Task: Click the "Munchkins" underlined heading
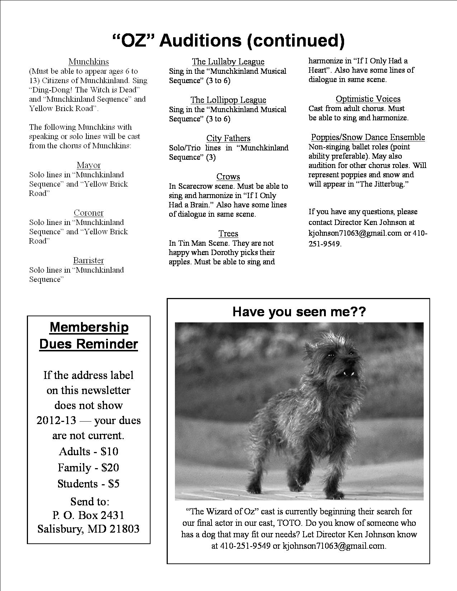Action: click(x=89, y=62)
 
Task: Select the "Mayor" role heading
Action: click(x=89, y=165)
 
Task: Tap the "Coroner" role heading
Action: click(x=89, y=213)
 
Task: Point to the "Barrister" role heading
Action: click(x=89, y=260)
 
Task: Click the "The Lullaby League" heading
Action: click(x=228, y=62)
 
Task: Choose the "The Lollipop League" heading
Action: click(x=228, y=100)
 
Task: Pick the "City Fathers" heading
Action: click(x=228, y=138)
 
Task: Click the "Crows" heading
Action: click(x=228, y=177)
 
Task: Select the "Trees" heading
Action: click(x=228, y=234)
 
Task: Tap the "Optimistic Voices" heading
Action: click(x=368, y=99)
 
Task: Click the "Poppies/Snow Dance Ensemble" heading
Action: click(x=368, y=137)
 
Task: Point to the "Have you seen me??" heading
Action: click(x=299, y=311)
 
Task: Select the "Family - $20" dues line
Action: click(x=88, y=467)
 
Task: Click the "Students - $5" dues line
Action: click(x=88, y=484)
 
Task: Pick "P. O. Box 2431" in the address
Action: click(x=88, y=515)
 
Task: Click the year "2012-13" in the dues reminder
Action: click(x=56, y=420)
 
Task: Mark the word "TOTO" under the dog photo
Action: click(x=290, y=523)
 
